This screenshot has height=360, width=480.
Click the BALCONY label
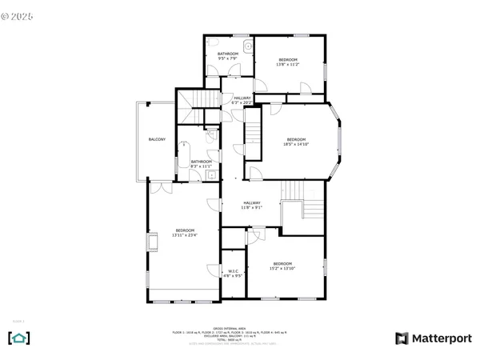[x=157, y=140]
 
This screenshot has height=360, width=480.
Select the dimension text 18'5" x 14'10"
[x=296, y=145]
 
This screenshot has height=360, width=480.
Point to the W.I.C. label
[x=234, y=274]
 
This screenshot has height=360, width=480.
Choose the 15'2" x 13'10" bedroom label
[x=282, y=267]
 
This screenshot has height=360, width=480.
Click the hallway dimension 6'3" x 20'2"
[x=242, y=102]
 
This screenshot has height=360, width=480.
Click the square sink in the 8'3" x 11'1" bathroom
[x=211, y=174]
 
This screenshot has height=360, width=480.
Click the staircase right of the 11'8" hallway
[x=301, y=205]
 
